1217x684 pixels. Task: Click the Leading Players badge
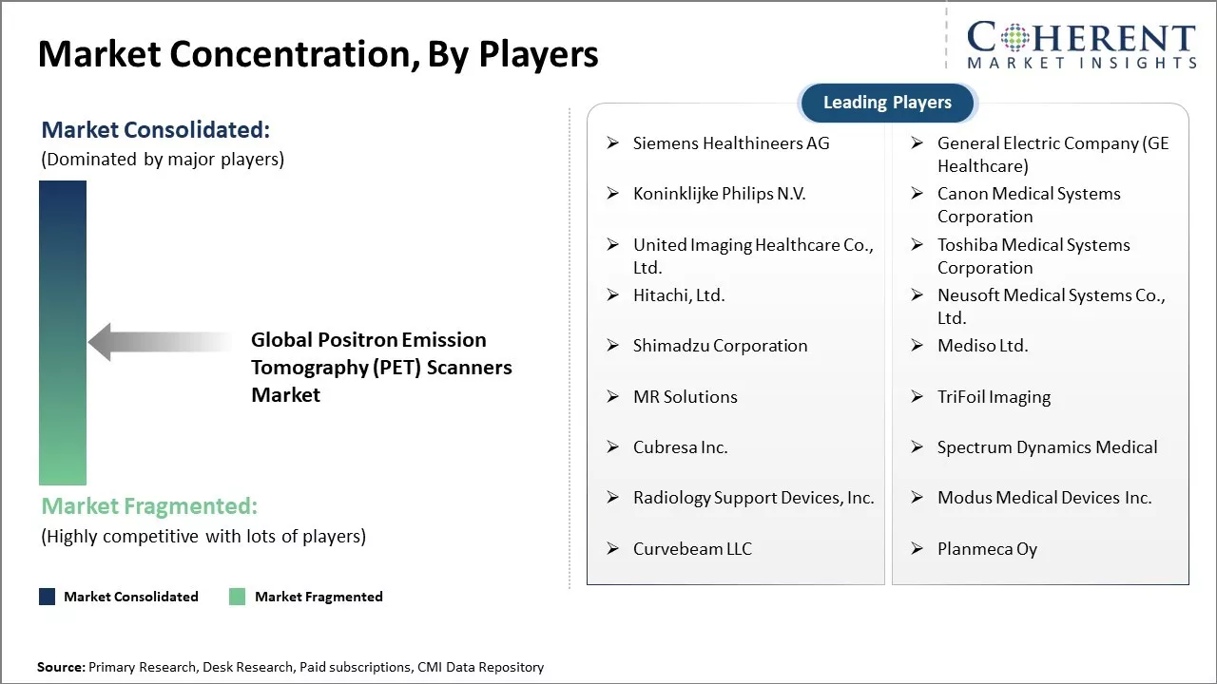[x=887, y=103]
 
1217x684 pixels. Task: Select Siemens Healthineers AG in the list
[x=730, y=143]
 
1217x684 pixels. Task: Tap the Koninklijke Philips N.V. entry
[x=719, y=194]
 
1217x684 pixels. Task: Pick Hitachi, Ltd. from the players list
[x=679, y=295]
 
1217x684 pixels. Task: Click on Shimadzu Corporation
[x=720, y=346]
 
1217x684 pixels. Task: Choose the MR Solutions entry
[x=685, y=397]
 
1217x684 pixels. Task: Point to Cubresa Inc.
[x=680, y=447]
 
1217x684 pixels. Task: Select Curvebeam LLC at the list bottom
[x=692, y=549]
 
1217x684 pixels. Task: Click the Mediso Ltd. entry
[x=982, y=346]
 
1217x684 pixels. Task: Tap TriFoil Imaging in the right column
[x=994, y=397]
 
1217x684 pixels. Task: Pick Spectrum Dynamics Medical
[x=1047, y=447]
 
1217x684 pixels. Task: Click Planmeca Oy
[x=987, y=549]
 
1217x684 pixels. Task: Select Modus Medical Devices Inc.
[x=1044, y=498]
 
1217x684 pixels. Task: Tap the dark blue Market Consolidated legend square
[x=47, y=597]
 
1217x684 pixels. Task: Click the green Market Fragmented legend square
[x=238, y=597]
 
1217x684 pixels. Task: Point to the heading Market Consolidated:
[x=156, y=130]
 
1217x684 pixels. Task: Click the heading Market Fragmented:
[x=149, y=505]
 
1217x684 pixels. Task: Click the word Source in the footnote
[x=60, y=668]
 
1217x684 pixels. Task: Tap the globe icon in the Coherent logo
[x=1013, y=38]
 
